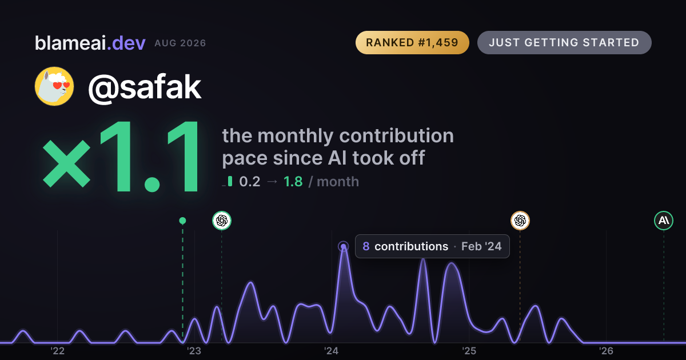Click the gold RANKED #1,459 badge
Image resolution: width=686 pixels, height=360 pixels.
click(412, 42)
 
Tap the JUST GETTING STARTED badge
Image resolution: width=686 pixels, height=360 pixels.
click(564, 42)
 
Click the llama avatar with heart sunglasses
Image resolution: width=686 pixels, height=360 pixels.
click(54, 86)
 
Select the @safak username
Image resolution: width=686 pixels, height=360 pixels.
click(145, 87)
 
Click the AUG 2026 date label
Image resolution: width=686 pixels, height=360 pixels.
click(180, 43)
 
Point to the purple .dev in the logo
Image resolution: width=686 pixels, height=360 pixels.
click(126, 43)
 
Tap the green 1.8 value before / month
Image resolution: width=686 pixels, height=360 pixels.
click(293, 182)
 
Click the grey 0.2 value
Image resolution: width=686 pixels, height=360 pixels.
click(250, 182)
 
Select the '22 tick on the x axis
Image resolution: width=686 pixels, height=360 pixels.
click(57, 351)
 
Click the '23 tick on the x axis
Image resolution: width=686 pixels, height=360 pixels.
click(194, 351)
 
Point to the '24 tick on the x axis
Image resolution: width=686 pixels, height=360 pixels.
click(332, 351)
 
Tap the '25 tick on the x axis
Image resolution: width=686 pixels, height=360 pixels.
click(469, 351)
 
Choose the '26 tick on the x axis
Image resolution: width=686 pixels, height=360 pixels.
click(606, 351)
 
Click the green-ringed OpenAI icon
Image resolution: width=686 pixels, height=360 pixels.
click(222, 221)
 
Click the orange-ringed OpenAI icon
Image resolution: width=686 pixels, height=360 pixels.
click(520, 221)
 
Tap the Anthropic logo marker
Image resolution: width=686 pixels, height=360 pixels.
click(664, 221)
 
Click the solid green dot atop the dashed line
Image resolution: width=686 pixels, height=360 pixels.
click(182, 221)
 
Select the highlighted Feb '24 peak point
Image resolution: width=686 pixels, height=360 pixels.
click(344, 246)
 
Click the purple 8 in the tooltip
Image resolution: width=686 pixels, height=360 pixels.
click(366, 246)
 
